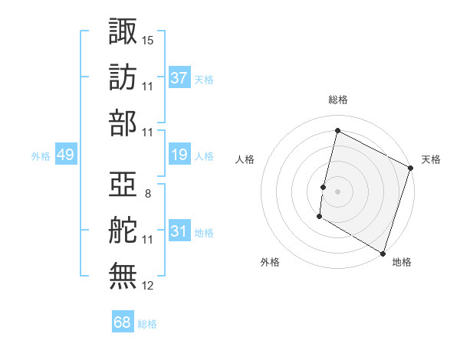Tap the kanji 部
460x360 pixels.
[123, 123]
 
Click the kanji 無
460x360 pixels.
[123, 277]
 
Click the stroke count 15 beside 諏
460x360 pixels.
[148, 39]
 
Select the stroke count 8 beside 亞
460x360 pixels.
[148, 193]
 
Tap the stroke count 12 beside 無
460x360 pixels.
[148, 286]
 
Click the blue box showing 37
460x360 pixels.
[179, 77]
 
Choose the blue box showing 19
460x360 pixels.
[179, 155]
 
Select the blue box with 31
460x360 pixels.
[179, 231]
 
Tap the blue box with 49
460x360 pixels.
[65, 155]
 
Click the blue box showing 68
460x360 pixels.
[122, 323]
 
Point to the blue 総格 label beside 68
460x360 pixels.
[147, 324]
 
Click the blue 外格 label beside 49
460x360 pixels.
[41, 156]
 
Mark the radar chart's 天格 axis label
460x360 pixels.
[431, 159]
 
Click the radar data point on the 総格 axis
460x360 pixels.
[337, 131]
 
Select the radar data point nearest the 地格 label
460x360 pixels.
[383, 253]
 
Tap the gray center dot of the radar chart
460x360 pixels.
[337, 191]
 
